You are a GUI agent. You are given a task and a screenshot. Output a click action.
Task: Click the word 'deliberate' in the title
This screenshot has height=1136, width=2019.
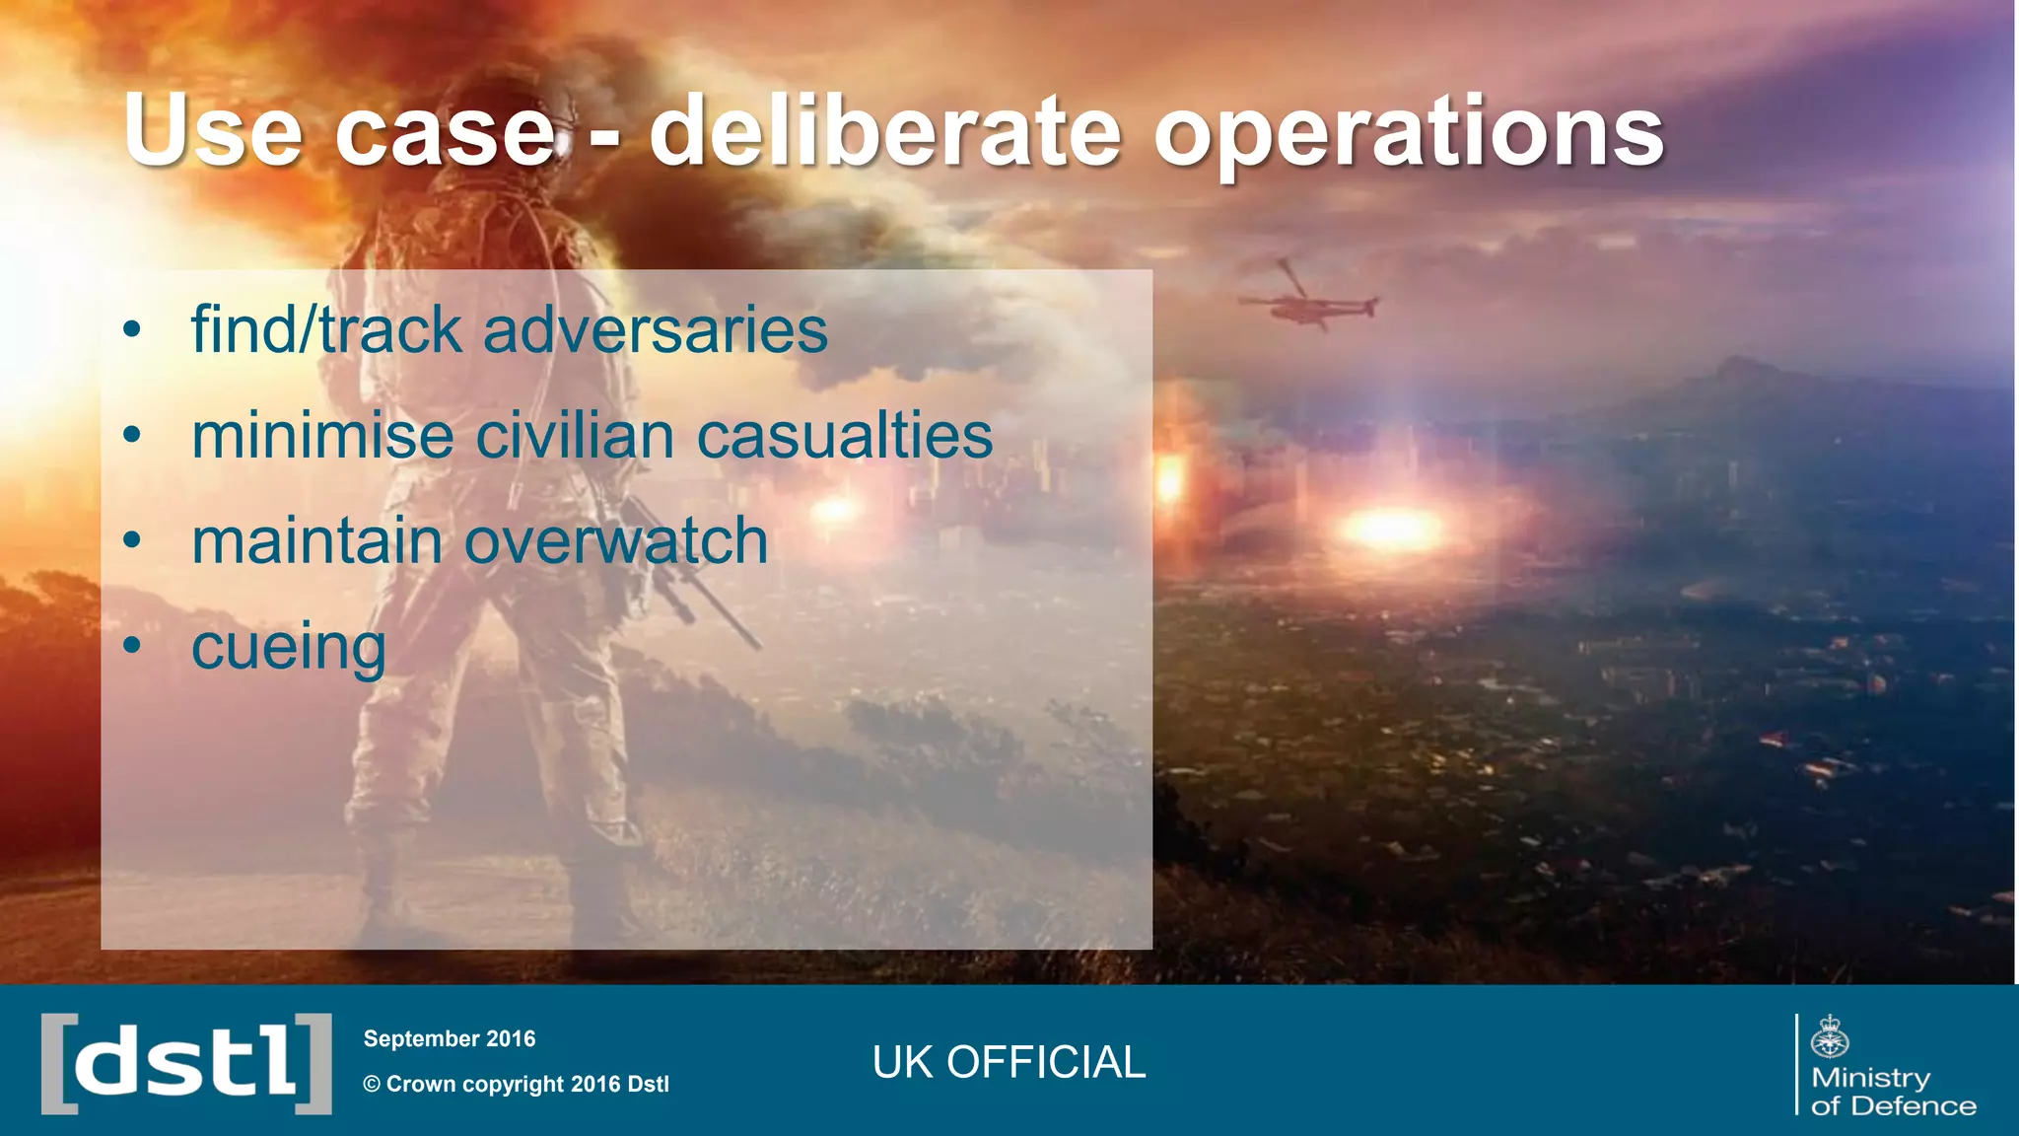(x=884, y=131)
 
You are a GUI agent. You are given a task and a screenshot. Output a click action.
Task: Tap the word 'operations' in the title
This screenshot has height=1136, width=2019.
(x=1409, y=133)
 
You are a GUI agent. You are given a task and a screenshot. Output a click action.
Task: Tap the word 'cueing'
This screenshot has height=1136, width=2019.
(x=288, y=649)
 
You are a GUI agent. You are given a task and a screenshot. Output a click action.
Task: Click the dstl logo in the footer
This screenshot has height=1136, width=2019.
(x=186, y=1063)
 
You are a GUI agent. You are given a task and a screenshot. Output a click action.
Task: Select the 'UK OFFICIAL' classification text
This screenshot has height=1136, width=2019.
(x=1009, y=1062)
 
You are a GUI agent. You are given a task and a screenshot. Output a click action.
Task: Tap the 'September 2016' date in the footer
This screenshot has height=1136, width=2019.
(x=450, y=1038)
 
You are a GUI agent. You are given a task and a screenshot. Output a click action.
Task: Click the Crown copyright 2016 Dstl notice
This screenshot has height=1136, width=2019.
(x=516, y=1084)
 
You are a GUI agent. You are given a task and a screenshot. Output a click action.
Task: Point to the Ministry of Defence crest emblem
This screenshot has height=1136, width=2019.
(x=1830, y=1036)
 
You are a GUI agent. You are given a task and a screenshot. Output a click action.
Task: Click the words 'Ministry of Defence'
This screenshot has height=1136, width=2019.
(x=1893, y=1091)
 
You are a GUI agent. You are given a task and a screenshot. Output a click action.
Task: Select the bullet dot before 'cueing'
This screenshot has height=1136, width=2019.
(x=132, y=646)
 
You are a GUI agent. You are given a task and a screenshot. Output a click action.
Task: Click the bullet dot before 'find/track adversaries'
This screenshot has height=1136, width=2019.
(x=132, y=329)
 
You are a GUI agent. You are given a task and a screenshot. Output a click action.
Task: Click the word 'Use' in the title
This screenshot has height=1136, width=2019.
(x=212, y=131)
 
